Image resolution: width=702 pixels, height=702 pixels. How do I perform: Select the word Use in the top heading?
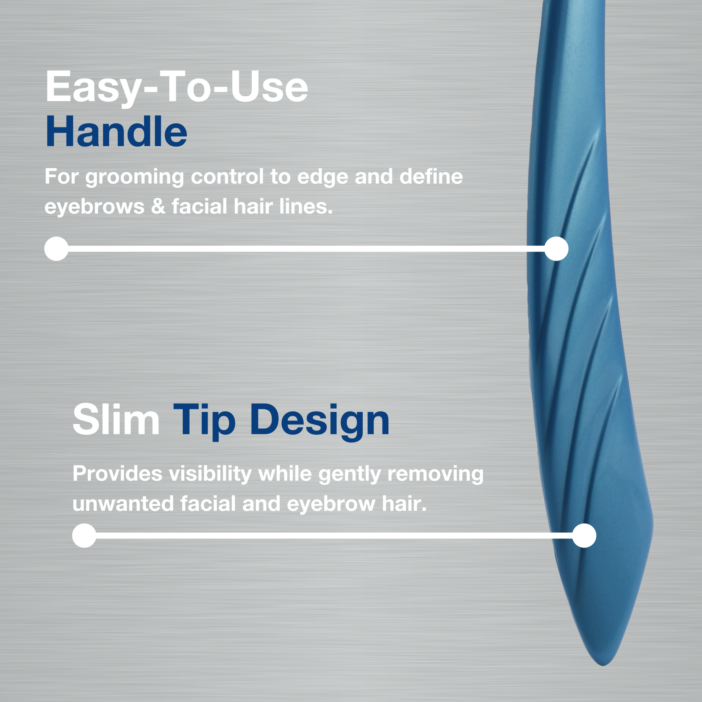pyautogui.click(x=269, y=86)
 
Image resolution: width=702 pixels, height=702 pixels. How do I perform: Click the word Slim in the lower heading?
pyautogui.click(x=116, y=419)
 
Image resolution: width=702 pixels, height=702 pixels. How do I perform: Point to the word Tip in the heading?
pyautogui.click(x=204, y=422)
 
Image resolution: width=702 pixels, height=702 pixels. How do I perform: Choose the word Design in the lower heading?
pyautogui.click(x=320, y=422)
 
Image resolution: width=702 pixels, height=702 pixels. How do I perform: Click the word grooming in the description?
pyautogui.click(x=134, y=177)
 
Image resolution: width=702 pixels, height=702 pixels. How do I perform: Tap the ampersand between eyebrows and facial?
pyautogui.click(x=158, y=206)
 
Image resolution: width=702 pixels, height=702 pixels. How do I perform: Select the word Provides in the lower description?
pyautogui.click(x=117, y=474)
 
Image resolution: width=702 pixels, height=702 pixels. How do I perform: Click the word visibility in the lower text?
pyautogui.click(x=210, y=474)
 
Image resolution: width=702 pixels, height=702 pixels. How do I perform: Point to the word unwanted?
pyautogui.click(x=123, y=504)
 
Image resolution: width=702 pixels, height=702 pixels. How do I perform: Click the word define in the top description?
pyautogui.click(x=431, y=176)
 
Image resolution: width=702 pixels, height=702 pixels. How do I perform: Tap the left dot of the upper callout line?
pyautogui.click(x=56, y=249)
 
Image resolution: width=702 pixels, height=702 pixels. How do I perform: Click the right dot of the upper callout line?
pyautogui.click(x=556, y=249)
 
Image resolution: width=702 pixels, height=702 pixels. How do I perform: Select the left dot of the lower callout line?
pyautogui.click(x=84, y=536)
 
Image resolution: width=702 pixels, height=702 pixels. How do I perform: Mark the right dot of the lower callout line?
pyautogui.click(x=584, y=536)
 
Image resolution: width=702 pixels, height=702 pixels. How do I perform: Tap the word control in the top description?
pyautogui.click(x=227, y=176)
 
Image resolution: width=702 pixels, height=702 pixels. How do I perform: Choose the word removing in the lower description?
pyautogui.click(x=436, y=474)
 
